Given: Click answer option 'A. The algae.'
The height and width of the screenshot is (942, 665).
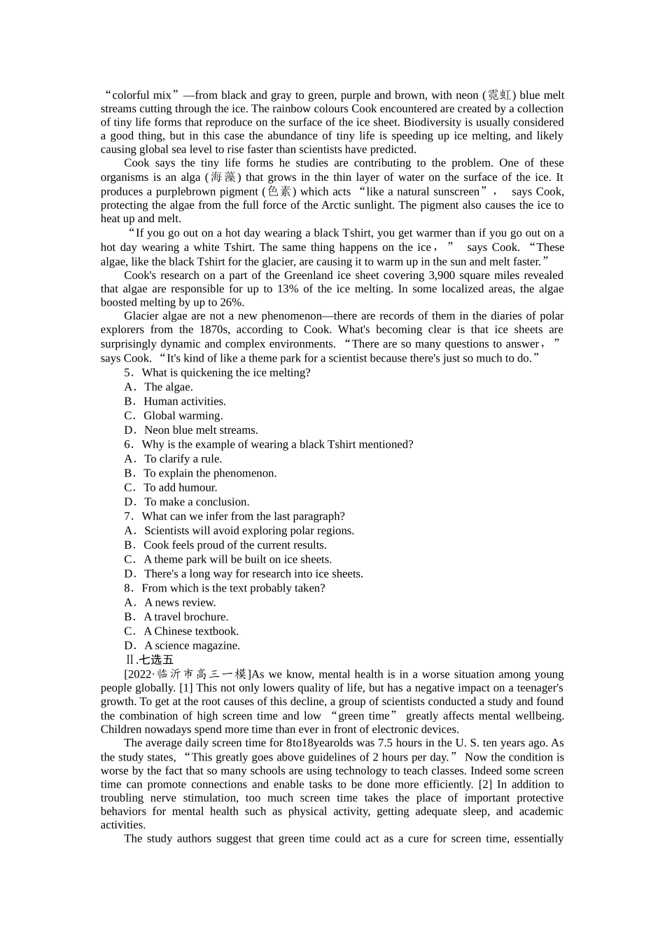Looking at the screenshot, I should [x=159, y=387].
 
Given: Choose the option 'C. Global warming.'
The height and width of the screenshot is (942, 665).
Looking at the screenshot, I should [x=174, y=416].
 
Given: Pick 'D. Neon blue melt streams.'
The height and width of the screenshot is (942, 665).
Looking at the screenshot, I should [x=191, y=430].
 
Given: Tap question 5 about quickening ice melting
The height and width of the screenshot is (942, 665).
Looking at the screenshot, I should [x=217, y=373].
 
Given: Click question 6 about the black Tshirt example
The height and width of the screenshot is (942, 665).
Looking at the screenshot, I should [x=269, y=444].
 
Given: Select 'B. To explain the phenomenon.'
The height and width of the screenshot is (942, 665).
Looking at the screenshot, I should [x=200, y=473].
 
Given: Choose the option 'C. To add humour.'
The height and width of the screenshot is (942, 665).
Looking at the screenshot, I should [x=171, y=488].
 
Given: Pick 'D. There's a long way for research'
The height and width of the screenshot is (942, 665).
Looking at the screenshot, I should [x=244, y=574].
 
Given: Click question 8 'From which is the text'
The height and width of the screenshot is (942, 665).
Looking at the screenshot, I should [x=225, y=588].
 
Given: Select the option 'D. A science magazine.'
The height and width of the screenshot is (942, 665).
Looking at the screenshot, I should [x=182, y=646].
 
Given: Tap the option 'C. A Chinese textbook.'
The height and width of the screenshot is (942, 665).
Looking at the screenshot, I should [x=181, y=632].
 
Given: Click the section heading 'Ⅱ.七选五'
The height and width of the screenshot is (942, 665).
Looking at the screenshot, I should [x=149, y=660].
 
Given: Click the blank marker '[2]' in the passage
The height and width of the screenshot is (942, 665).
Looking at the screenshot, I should [x=486, y=784].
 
